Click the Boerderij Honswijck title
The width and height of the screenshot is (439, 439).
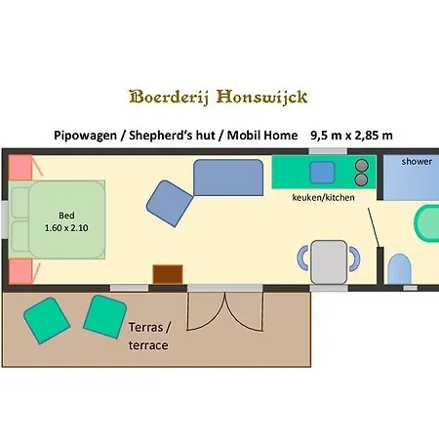click(219, 97)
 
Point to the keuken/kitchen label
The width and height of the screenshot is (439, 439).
click(324, 198)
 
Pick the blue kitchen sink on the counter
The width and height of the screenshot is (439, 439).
click(323, 173)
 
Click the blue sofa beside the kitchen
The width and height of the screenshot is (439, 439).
click(229, 179)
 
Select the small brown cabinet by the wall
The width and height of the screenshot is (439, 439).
click(168, 274)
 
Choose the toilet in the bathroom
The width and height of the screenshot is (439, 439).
click(398, 268)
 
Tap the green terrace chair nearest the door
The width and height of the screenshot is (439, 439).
click(101, 316)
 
